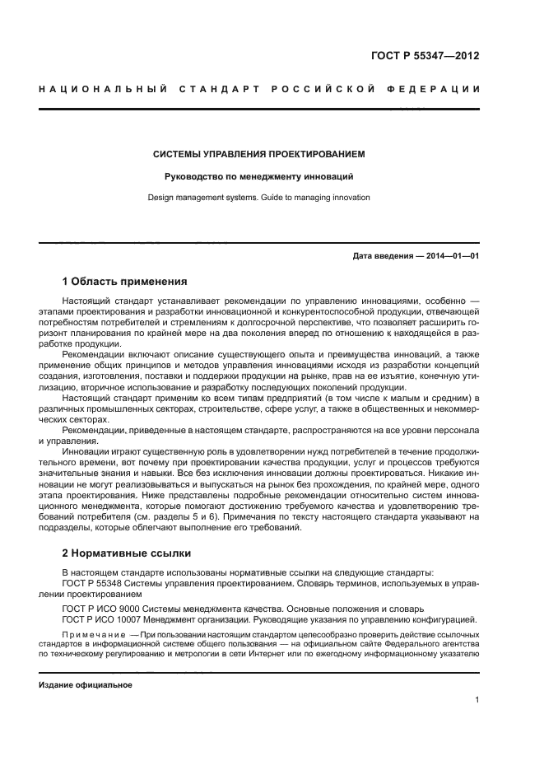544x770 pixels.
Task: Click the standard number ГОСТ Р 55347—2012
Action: click(425, 56)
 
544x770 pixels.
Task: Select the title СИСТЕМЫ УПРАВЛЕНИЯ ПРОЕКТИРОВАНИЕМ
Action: click(259, 154)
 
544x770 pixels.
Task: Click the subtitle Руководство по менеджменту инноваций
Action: click(259, 176)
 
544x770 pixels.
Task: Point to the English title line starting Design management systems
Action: click(259, 198)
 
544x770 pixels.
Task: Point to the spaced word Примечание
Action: click(96, 635)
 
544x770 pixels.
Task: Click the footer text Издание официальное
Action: click(85, 685)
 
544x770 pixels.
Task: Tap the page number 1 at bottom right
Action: click(477, 700)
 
